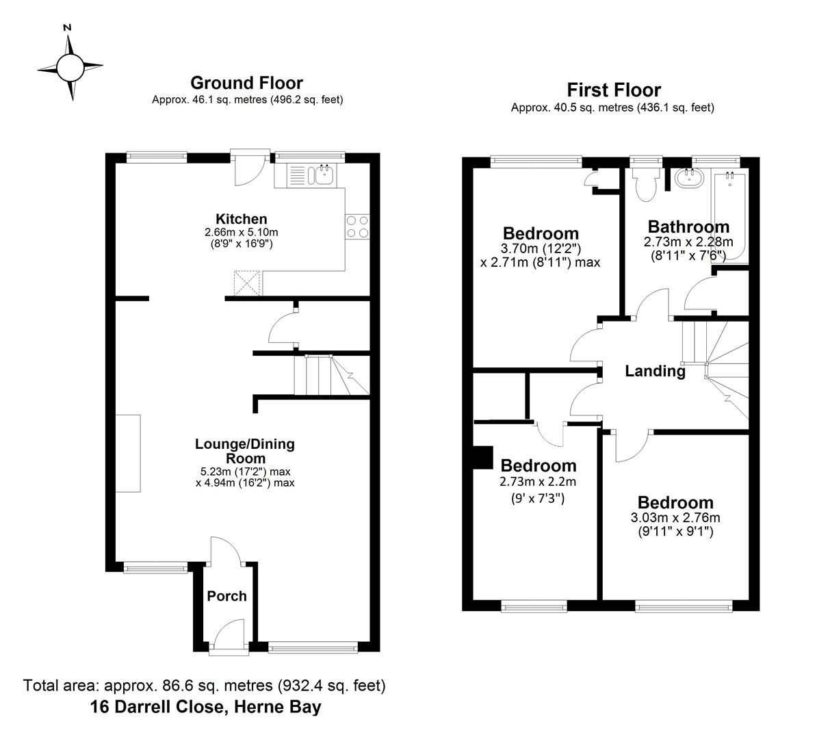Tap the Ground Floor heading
246,83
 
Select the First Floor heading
614,90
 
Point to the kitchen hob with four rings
357,226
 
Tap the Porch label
226,596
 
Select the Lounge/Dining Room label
244,451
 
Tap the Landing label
655,372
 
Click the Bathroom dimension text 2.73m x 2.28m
688,242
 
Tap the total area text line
205,685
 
